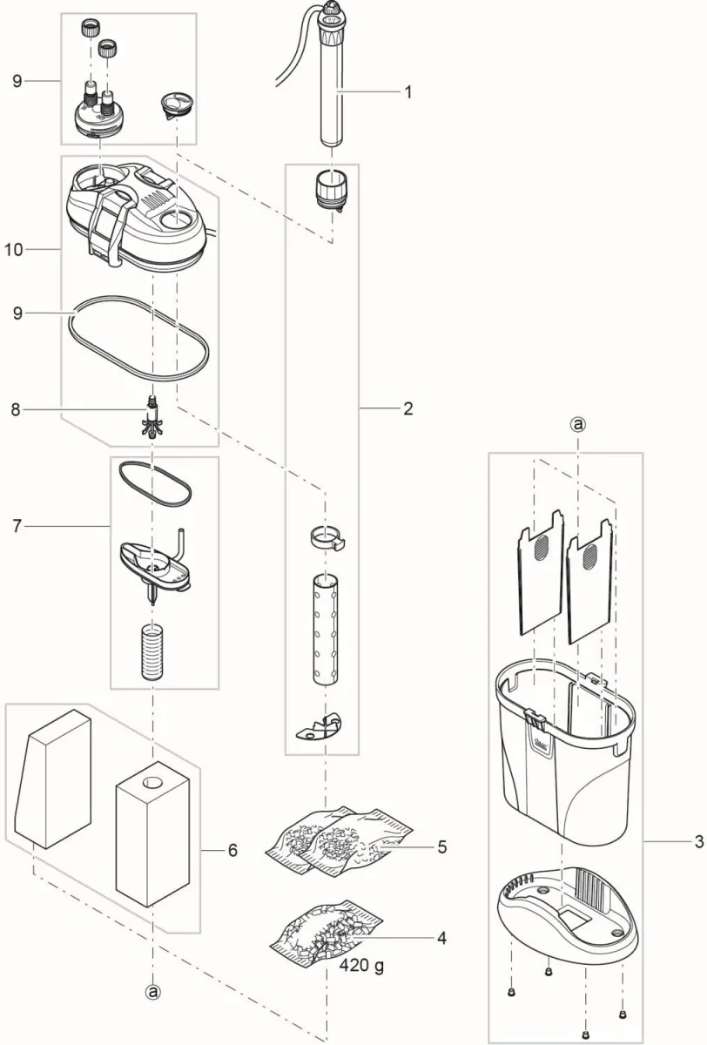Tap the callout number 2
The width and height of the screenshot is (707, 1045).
(407, 408)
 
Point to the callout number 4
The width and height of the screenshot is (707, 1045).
(441, 938)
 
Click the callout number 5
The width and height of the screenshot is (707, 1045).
(441, 846)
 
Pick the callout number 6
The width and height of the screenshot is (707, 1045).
(232, 850)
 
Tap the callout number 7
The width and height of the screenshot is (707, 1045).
(17, 526)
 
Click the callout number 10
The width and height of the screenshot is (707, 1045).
(13, 250)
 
